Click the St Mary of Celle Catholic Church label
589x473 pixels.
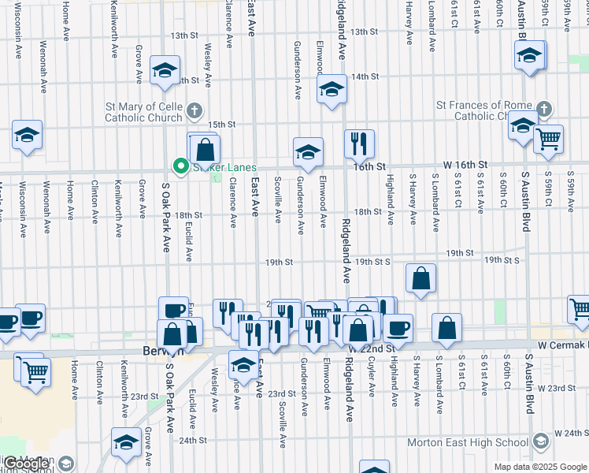pyautogui.click(x=145, y=113)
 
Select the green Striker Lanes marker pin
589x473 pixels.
pyautogui.click(x=180, y=166)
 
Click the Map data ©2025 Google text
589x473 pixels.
pyautogui.click(x=540, y=467)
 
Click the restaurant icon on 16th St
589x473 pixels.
pyautogui.click(x=359, y=143)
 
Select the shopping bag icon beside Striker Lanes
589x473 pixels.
pyautogui.click(x=204, y=148)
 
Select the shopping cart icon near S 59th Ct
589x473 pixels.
pyautogui.click(x=548, y=139)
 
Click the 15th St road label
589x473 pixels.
pyautogui.click(x=221, y=125)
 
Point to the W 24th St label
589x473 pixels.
pyautogui.click(x=571, y=433)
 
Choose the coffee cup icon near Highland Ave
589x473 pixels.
pyautogui.click(x=398, y=326)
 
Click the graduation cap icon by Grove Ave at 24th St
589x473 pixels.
pyautogui.click(x=126, y=443)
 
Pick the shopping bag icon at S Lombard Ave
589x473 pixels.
pyautogui.click(x=446, y=327)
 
